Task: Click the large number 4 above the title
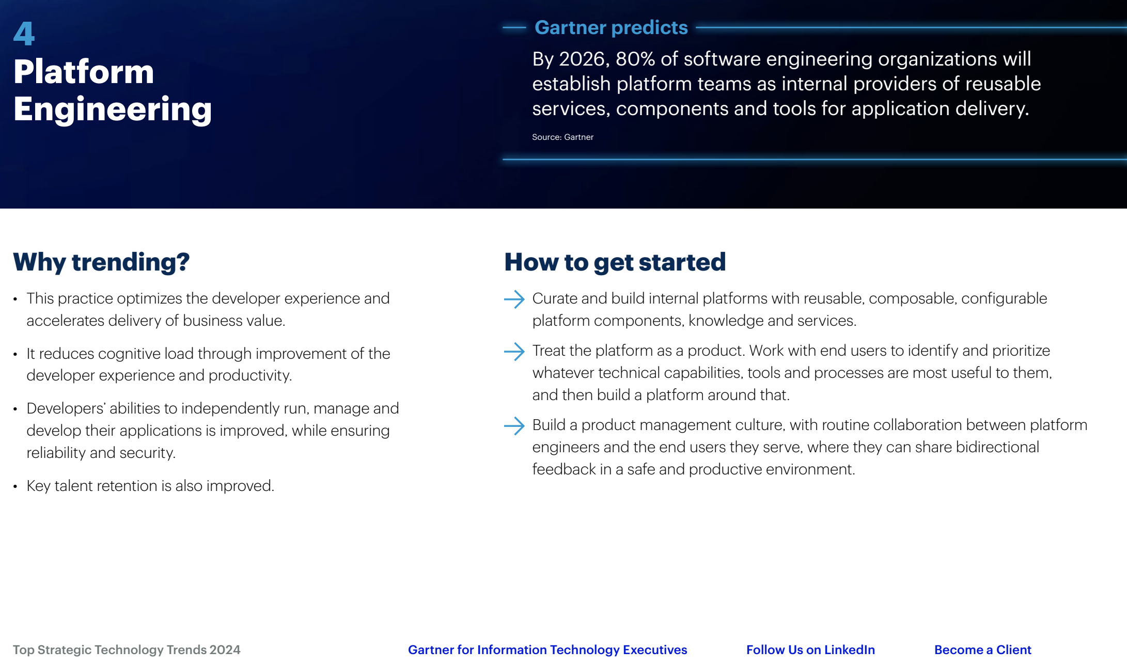pyautogui.click(x=24, y=34)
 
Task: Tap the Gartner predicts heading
pyautogui.click(x=611, y=27)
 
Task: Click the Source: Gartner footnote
pyautogui.click(x=562, y=137)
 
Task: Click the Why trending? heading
pyautogui.click(x=101, y=262)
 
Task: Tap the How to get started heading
pyautogui.click(x=615, y=262)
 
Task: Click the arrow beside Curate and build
pyautogui.click(x=514, y=299)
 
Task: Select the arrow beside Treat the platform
pyautogui.click(x=514, y=352)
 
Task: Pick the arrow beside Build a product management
pyautogui.click(x=514, y=426)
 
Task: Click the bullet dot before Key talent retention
pyautogui.click(x=15, y=486)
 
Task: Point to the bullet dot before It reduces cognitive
pyautogui.click(x=15, y=354)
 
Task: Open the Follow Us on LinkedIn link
pyautogui.click(x=810, y=650)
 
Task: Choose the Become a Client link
pyautogui.click(x=982, y=650)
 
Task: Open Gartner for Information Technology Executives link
pyautogui.click(x=547, y=650)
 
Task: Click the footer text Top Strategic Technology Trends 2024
pyautogui.click(x=127, y=650)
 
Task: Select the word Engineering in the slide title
pyautogui.click(x=113, y=109)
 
